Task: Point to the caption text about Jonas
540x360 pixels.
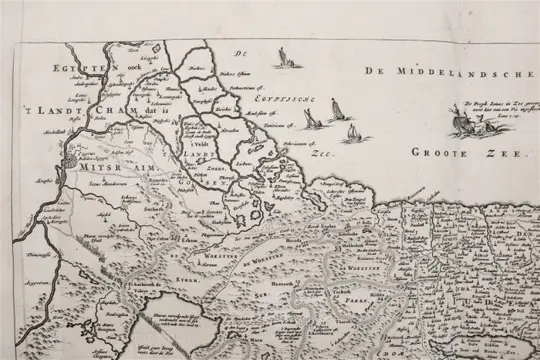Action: [494, 110]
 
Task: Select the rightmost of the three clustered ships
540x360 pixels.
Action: [351, 131]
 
